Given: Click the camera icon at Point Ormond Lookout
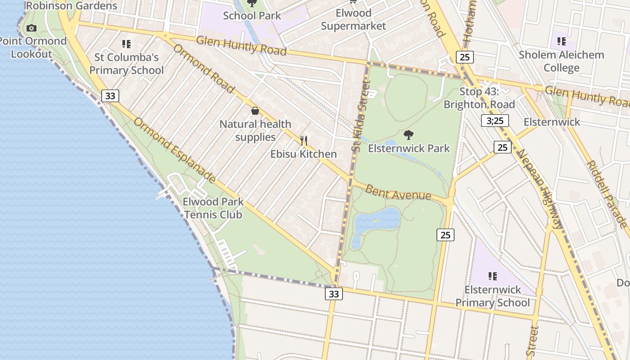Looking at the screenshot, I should [31, 28].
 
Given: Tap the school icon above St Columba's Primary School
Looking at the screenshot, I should [126, 44].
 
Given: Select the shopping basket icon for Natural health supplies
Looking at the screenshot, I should [255, 111].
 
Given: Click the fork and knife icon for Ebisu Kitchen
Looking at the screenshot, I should [304, 141].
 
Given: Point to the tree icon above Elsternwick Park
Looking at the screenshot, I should [409, 135].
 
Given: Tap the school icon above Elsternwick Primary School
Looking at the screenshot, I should [493, 276].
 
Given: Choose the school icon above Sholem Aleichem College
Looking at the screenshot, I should [561, 41].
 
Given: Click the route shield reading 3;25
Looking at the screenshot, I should [495, 121].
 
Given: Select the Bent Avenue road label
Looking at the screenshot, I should [398, 193].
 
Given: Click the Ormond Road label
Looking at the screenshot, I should [204, 68].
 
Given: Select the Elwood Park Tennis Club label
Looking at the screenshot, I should [213, 208].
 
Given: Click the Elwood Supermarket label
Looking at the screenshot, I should [353, 19].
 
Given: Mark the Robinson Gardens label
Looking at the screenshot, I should [72, 6].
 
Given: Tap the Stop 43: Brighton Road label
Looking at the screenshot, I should [479, 98].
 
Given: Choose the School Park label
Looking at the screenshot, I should [252, 15].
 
